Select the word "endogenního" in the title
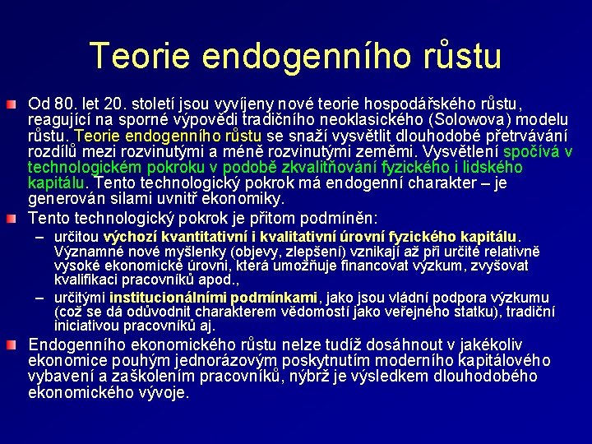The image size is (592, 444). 299,55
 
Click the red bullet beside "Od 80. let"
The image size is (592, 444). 18,106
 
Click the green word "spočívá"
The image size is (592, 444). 532,151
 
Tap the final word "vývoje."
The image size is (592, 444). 163,392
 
